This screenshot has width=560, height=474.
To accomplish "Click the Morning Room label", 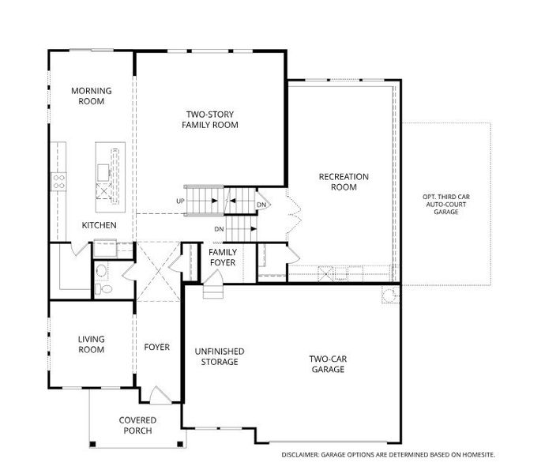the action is pos(92,96).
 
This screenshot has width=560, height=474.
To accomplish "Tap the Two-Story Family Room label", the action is pos(210,119).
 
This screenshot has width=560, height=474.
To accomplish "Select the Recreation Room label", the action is pos(344,182).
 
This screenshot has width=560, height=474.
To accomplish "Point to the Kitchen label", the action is pos(99,225).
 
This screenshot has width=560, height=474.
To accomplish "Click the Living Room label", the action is pos(92,344).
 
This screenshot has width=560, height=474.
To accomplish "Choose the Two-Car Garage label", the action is pos(328,364).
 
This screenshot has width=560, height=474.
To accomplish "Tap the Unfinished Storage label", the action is pos(220,356).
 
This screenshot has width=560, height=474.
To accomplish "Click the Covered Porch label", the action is pos(137,426).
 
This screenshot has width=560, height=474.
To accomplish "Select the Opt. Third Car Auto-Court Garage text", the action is pos(446,205).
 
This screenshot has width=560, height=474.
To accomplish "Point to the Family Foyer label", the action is pos(223,258).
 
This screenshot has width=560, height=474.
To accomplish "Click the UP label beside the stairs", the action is pos(180,201).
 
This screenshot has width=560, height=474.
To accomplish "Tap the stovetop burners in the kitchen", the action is pos(58,182).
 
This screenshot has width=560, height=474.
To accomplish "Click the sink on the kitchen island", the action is pos(103,173).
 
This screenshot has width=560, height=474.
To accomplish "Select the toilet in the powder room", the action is pos(103,288).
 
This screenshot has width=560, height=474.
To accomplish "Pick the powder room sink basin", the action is pos(101,271).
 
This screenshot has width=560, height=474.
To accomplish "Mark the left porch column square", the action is pos(92,444).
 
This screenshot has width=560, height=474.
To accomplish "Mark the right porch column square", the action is pos(180,444).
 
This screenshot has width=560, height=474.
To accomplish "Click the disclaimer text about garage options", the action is pos(389,455).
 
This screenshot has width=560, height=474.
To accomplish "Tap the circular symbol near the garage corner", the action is pos(389,295).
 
